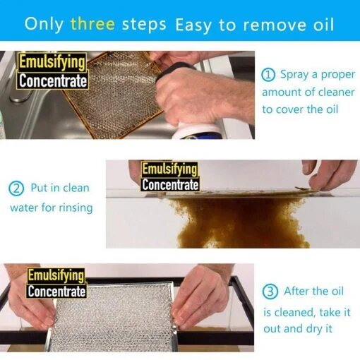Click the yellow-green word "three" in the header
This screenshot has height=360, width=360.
(x=92, y=24)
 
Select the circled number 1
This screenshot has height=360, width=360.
(x=268, y=75)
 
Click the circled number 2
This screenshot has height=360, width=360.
(x=16, y=188)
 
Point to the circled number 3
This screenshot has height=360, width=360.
(x=270, y=292)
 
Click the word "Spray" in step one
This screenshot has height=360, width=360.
(x=294, y=75)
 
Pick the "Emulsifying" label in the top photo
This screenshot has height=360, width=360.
(x=52, y=62)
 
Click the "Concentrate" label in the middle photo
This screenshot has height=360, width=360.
(x=170, y=184)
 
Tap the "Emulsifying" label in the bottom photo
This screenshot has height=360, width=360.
(x=56, y=276)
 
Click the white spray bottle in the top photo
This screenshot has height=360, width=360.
(x=198, y=131)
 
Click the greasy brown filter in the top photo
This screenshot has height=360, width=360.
(x=113, y=94)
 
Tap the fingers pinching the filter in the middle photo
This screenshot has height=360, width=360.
(x=330, y=174)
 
